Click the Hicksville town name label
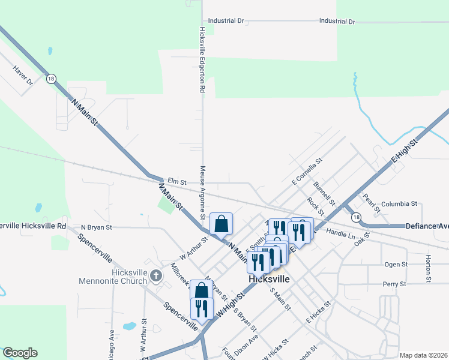click(x=270, y=280)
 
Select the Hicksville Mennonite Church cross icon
click(x=155, y=276)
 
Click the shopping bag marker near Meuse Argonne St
click(x=221, y=224)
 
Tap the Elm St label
click(x=177, y=181)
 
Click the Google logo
click(x=20, y=353)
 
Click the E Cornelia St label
click(x=307, y=170)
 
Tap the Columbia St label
click(x=399, y=203)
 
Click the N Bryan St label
click(x=97, y=227)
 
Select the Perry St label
click(x=395, y=283)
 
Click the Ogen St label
click(x=396, y=263)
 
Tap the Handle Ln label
click(x=342, y=233)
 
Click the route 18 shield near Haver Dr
click(x=50, y=78)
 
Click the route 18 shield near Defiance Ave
click(x=357, y=217)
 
